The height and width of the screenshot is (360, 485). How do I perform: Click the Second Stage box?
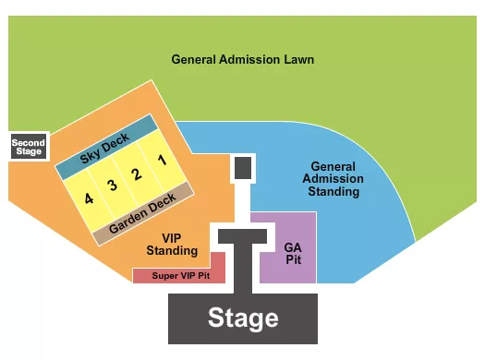27,147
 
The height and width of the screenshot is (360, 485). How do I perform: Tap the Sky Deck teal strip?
104,148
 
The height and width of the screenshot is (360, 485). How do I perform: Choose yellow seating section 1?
162,158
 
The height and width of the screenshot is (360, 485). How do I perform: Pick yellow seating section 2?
136,172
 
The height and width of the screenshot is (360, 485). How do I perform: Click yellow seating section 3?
112,185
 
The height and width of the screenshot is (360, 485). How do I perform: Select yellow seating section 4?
88,198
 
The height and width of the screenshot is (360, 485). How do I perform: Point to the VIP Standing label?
172,244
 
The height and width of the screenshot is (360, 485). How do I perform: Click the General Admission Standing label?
334,178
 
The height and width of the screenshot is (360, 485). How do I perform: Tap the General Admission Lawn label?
242,60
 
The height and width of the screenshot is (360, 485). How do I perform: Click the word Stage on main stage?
242,318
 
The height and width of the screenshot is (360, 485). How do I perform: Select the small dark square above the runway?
243,167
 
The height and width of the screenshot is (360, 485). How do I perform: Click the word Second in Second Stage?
27,142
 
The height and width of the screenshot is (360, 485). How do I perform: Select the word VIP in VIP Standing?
172,237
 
